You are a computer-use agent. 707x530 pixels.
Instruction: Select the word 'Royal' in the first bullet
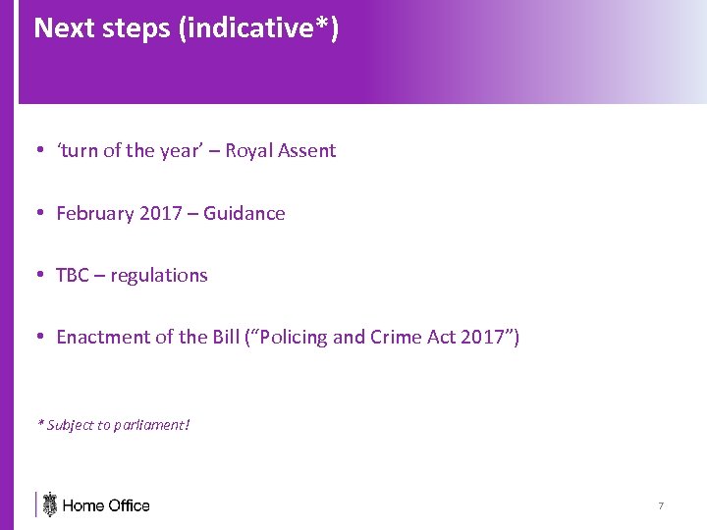click(252, 150)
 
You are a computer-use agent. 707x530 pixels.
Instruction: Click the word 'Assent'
click(307, 150)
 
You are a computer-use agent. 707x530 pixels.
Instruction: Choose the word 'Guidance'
click(245, 213)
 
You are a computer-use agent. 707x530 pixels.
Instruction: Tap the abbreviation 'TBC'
click(73, 275)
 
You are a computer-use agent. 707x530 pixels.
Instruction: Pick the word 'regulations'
click(159, 275)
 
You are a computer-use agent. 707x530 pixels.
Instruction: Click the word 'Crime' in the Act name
click(395, 338)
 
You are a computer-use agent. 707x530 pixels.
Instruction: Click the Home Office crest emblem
click(50, 504)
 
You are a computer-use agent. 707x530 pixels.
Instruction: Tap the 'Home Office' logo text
click(106, 505)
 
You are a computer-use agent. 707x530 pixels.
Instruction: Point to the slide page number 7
click(661, 505)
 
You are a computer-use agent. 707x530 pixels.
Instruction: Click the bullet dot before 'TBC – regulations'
click(39, 275)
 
